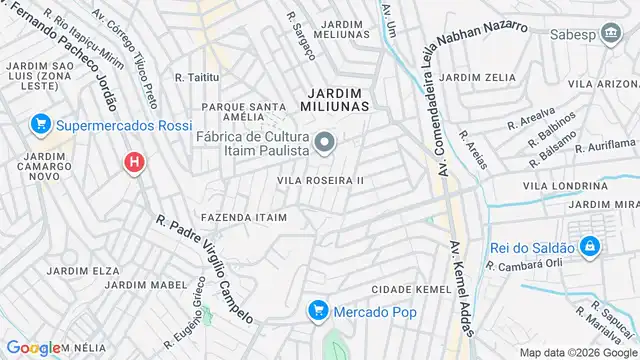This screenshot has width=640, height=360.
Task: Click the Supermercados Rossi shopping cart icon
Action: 41,125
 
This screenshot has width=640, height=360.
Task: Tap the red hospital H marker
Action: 133,161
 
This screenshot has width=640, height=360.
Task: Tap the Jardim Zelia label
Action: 476,77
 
